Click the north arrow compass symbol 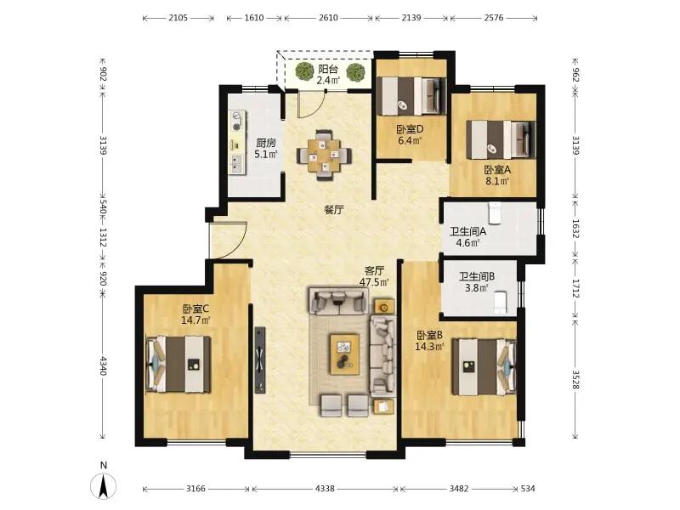click(x=103, y=485)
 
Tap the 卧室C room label click(x=195, y=309)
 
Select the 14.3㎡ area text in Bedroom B click(x=429, y=347)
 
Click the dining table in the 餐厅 click(x=324, y=155)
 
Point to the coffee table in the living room click(x=344, y=354)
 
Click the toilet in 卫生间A click(x=495, y=212)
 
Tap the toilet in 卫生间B click(x=501, y=303)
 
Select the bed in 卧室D click(x=411, y=96)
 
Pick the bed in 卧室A click(x=501, y=140)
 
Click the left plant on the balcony click(x=304, y=71)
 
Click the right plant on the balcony click(x=355, y=71)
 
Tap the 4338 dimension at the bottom click(x=325, y=489)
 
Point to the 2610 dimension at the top click(x=328, y=18)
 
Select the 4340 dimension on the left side click(x=103, y=365)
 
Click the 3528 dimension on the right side click(x=575, y=379)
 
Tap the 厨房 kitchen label click(x=266, y=143)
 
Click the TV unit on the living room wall click(x=260, y=360)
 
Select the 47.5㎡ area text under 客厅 click(x=374, y=282)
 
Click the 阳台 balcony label click(x=328, y=70)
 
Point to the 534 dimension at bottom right click(x=528, y=489)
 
